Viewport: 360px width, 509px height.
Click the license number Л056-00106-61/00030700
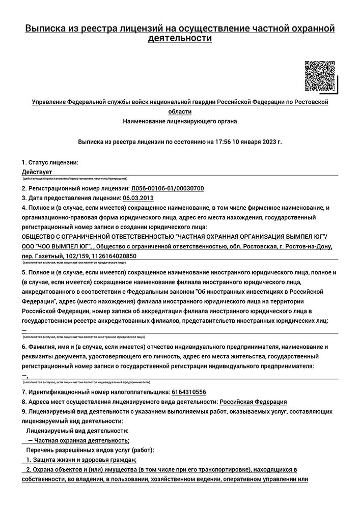click(x=168, y=188)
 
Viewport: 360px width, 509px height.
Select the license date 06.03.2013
click(x=138, y=198)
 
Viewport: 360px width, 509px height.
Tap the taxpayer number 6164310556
click(x=189, y=392)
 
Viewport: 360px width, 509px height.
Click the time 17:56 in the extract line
click(x=223, y=142)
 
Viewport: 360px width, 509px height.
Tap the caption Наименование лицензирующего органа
click(x=180, y=121)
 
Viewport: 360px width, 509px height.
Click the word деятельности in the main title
click(x=180, y=38)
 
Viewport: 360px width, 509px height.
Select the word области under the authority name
click(x=180, y=111)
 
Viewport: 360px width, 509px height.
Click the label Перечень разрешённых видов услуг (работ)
click(x=90, y=450)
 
